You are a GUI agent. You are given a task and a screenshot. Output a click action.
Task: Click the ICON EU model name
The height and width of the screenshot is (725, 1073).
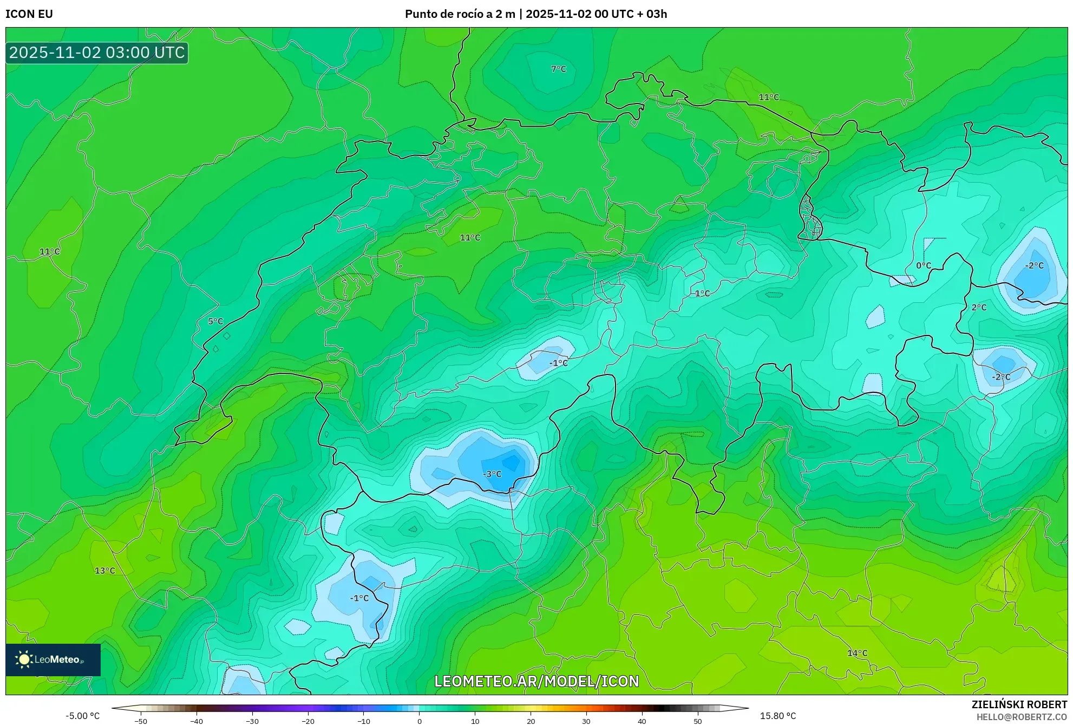pos(29,14)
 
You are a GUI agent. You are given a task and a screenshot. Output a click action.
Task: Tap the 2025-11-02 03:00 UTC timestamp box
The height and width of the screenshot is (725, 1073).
pos(97,53)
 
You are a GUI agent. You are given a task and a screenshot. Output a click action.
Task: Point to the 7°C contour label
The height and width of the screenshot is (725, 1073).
pos(558,69)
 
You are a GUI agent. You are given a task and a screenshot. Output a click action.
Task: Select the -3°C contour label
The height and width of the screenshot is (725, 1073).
pos(492,474)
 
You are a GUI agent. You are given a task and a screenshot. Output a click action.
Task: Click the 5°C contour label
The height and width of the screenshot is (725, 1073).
pos(215,321)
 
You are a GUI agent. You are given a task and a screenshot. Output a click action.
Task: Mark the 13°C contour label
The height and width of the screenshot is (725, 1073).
pos(105,571)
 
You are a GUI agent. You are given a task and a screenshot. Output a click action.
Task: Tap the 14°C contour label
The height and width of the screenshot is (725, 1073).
pos(857,653)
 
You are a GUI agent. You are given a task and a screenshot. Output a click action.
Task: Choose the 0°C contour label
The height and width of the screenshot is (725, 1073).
pos(924,266)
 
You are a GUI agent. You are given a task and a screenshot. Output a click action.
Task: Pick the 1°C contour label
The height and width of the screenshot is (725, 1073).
pos(702,293)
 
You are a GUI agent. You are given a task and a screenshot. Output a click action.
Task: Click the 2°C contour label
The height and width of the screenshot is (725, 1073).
pos(979,307)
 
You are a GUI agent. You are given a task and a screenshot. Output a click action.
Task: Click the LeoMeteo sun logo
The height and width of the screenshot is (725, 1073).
pos(24,659)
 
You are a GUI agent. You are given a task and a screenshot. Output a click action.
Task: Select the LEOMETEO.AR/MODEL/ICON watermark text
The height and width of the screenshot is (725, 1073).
pos(536,681)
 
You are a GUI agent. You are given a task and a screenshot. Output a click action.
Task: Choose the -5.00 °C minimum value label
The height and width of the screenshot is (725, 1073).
pos(83,716)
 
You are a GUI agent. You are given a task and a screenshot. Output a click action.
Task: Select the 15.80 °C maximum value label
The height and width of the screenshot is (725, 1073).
pos(777,716)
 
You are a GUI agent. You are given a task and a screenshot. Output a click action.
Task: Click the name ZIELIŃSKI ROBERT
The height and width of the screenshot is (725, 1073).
pos(1019,704)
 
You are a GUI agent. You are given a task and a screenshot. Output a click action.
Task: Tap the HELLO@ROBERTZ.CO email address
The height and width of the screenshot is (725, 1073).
pos(1022,717)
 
